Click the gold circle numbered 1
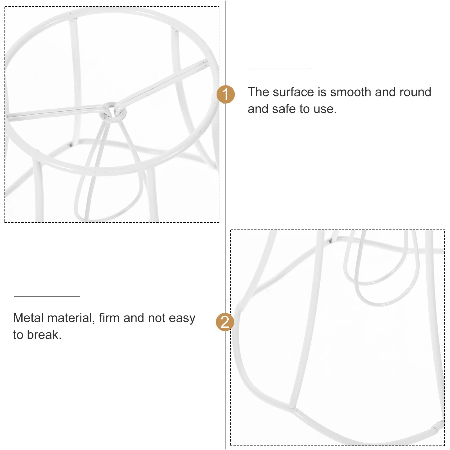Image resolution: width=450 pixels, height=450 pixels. coord(226,94)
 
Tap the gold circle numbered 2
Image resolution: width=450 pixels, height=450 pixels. coord(225,322)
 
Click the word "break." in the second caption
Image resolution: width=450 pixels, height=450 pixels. coord(44,335)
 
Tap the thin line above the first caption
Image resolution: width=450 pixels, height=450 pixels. coord(280,68)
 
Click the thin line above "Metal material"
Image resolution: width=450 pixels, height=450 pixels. coord(47,296)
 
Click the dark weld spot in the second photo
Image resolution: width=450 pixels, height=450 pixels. coord(330,240)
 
